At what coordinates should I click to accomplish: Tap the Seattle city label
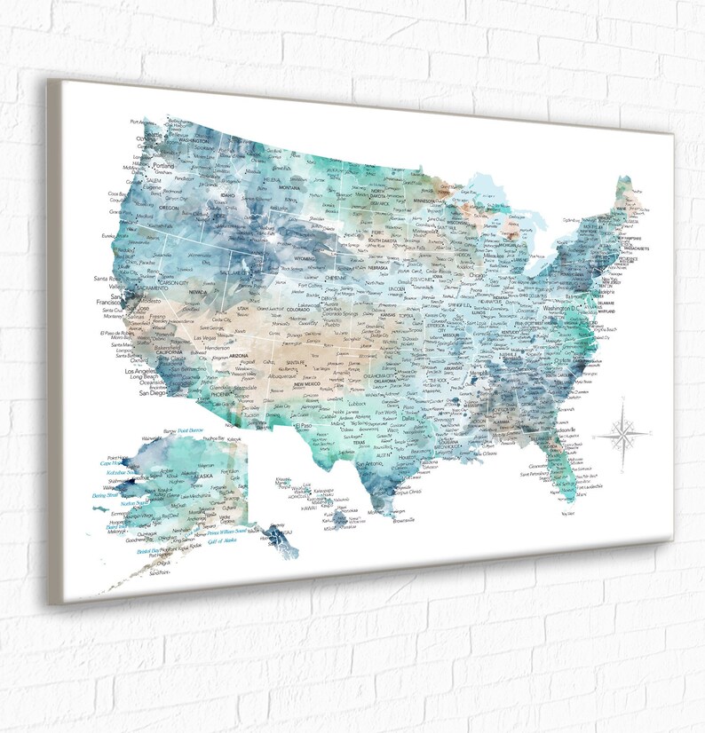(x=154, y=132)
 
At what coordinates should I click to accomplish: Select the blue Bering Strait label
(x=105, y=496)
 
